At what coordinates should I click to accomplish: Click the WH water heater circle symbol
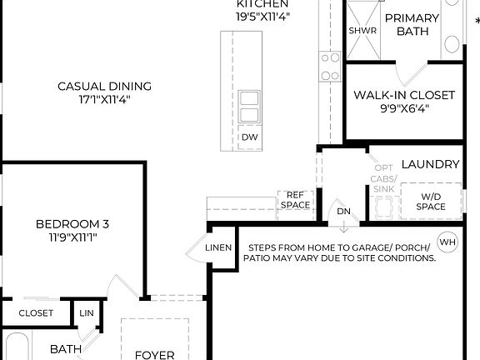coord(447,242)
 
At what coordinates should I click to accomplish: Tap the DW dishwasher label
coord(249,137)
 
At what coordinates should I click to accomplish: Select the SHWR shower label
coord(362,31)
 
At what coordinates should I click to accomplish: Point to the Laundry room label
coord(430,165)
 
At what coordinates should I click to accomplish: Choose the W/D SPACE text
coord(431,200)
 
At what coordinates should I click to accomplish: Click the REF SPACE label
coord(295,200)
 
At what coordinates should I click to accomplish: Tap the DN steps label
coord(344,211)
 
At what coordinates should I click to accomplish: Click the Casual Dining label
coord(104,86)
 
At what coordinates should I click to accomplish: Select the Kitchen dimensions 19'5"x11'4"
coord(262,16)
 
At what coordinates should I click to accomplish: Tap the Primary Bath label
coord(412,23)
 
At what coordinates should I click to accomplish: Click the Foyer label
coord(155,354)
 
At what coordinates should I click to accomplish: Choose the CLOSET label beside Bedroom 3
coord(36,313)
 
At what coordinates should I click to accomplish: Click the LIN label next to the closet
coord(87,313)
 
